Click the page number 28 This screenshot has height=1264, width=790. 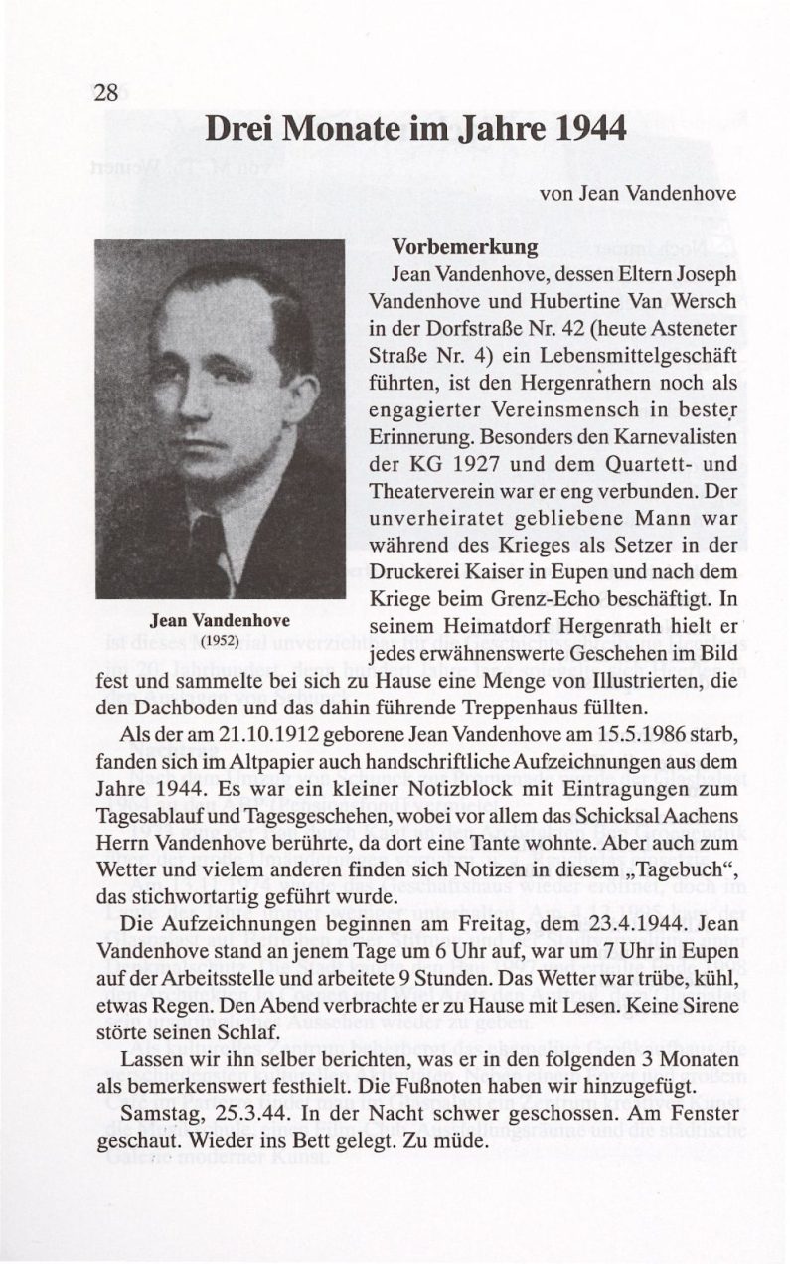click(106, 93)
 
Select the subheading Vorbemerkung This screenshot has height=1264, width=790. click(465, 246)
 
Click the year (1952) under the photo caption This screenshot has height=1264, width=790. click(219, 641)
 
